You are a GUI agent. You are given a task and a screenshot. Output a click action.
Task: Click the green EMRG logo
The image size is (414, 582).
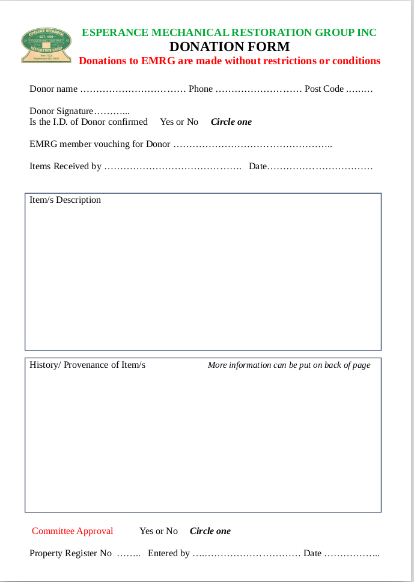click(46, 45)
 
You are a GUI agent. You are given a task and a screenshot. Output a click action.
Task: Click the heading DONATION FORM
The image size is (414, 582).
click(230, 47)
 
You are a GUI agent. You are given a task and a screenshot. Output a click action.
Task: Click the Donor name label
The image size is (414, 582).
click(53, 89)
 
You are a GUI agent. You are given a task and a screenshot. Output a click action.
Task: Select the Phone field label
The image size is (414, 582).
click(201, 89)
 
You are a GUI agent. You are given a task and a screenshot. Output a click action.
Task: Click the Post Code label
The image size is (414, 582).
click(324, 89)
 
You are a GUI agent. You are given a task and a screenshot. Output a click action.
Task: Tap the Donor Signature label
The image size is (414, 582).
click(61, 111)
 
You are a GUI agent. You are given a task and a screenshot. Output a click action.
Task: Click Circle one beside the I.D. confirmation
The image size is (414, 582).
click(231, 122)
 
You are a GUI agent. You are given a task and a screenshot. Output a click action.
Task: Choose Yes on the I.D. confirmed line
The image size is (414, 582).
click(166, 122)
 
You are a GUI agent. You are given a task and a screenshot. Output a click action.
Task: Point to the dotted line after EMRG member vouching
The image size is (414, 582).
click(252, 145)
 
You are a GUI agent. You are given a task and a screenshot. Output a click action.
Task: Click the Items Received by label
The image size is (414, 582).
click(65, 166)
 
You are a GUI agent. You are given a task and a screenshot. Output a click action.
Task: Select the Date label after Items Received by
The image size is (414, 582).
click(257, 166)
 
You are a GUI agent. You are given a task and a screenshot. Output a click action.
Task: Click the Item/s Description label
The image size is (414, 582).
click(65, 200)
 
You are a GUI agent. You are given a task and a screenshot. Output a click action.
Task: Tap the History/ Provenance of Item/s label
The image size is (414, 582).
click(87, 365)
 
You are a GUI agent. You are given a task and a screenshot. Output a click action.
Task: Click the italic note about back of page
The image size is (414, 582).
click(289, 365)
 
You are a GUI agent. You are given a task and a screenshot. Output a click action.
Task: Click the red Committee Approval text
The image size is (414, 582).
click(72, 531)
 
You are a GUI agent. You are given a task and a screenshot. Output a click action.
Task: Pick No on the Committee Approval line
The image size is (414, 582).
click(172, 531)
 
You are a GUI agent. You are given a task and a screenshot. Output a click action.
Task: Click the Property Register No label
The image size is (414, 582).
click(70, 553)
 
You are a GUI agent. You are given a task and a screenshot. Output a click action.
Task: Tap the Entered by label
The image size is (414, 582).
click(169, 553)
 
